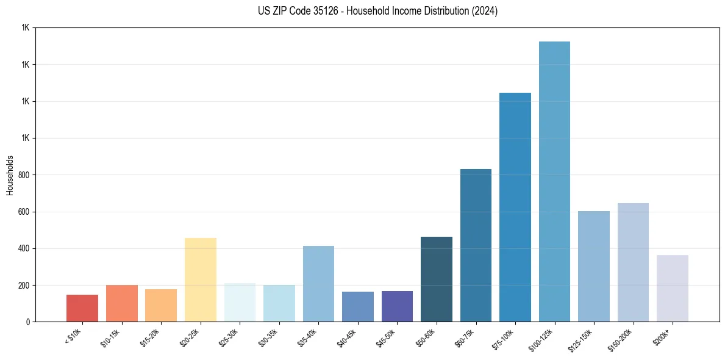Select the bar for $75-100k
[515, 207]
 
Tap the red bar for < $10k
[82, 308]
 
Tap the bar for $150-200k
[633, 262]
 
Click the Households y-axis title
[10, 175]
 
